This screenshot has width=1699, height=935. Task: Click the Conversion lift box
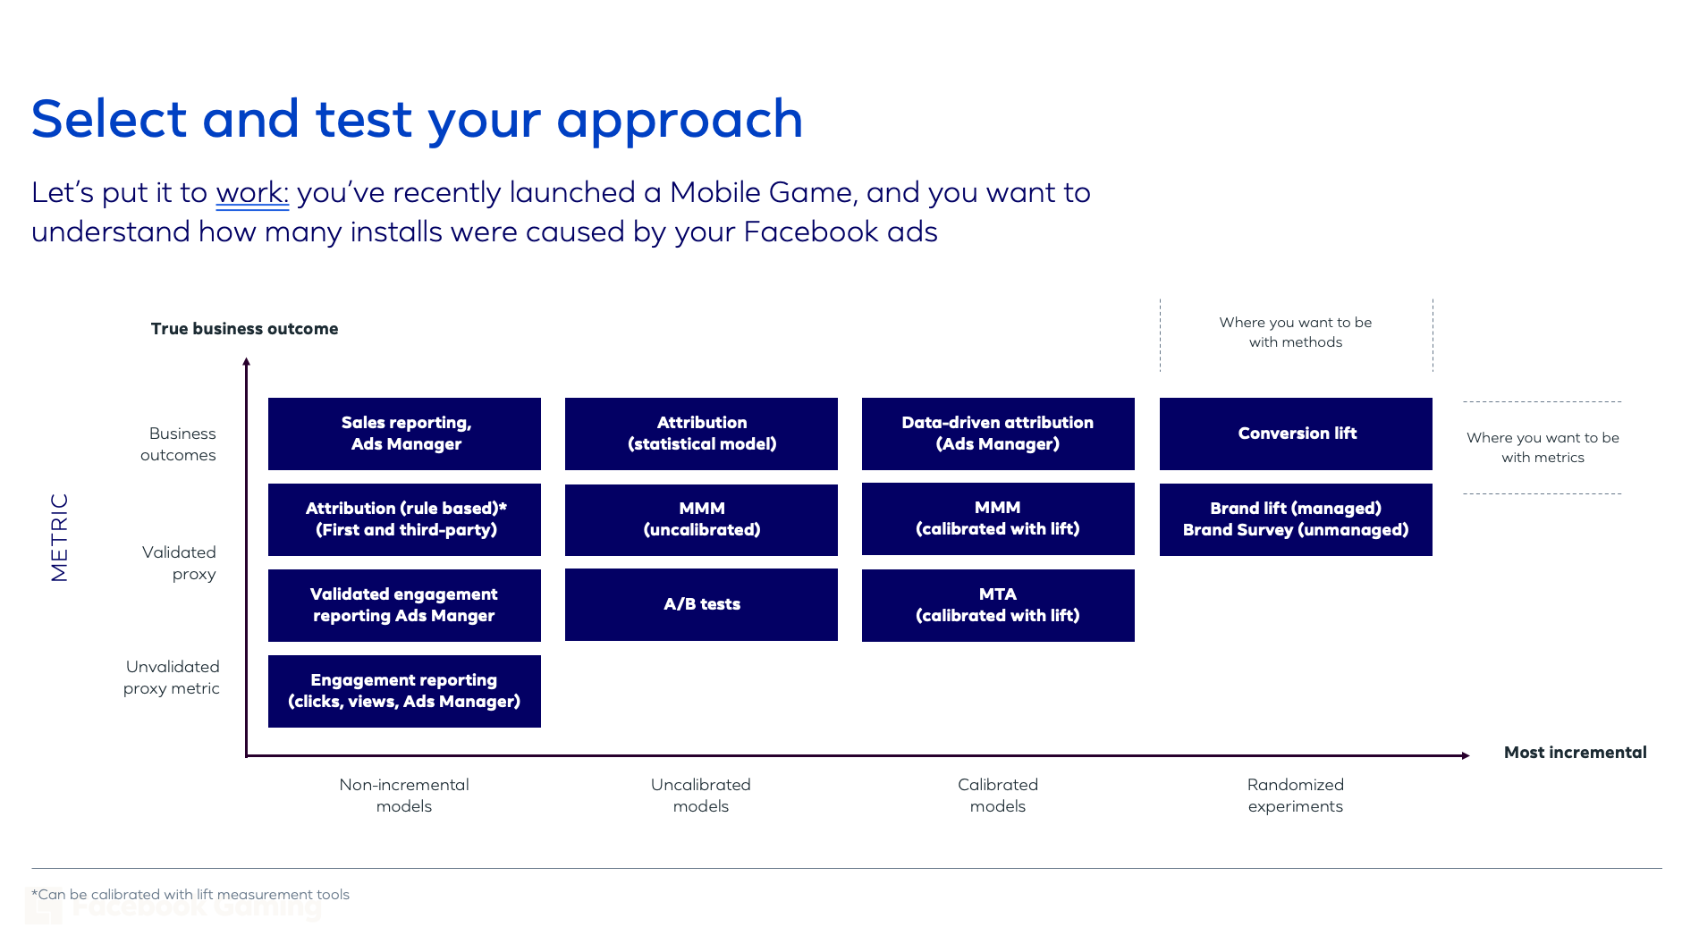[x=1296, y=434]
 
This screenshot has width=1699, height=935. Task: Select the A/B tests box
[x=701, y=604]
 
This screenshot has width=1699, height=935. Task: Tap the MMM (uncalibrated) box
[x=701, y=519]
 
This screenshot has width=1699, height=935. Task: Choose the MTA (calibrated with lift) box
[x=998, y=605]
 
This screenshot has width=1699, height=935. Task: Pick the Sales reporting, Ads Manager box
[x=404, y=434]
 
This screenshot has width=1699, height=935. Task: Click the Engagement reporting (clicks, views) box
[x=404, y=691]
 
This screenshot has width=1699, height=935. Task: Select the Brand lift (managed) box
[x=1296, y=519]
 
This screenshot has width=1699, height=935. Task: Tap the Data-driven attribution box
[x=998, y=434]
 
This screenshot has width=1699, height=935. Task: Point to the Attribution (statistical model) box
[x=701, y=434]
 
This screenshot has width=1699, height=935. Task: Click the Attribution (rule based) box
[x=404, y=519]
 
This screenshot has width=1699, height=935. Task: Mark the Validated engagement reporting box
[x=404, y=605]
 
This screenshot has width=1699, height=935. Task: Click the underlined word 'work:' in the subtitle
[x=252, y=193]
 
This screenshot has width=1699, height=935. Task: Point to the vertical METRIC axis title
[x=59, y=537]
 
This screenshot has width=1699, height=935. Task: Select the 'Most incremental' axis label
[x=1575, y=753]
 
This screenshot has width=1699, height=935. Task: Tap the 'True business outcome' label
[x=244, y=329]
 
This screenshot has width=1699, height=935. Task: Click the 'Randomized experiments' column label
[x=1295, y=796]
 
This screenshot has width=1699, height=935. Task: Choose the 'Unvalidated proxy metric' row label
[x=172, y=678]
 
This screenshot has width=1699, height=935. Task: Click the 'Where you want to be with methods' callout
[x=1295, y=332]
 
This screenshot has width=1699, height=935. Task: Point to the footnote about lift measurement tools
[x=190, y=895]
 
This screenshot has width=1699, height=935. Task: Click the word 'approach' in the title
[x=680, y=121]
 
